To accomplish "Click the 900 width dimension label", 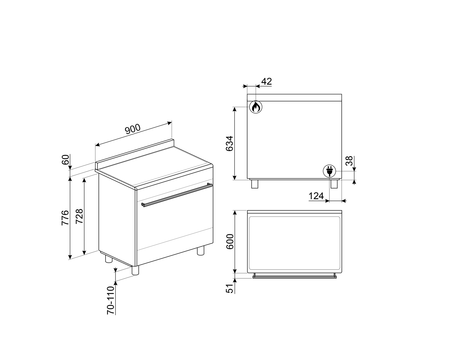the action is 133,129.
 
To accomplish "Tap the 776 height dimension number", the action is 65,218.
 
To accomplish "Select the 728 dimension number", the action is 79,216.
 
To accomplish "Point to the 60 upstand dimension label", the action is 65,160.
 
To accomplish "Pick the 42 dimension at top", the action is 267,81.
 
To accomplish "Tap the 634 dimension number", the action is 229,144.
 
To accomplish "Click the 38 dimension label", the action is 349,161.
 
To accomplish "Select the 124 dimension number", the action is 316,196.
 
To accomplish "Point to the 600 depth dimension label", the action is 230,241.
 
